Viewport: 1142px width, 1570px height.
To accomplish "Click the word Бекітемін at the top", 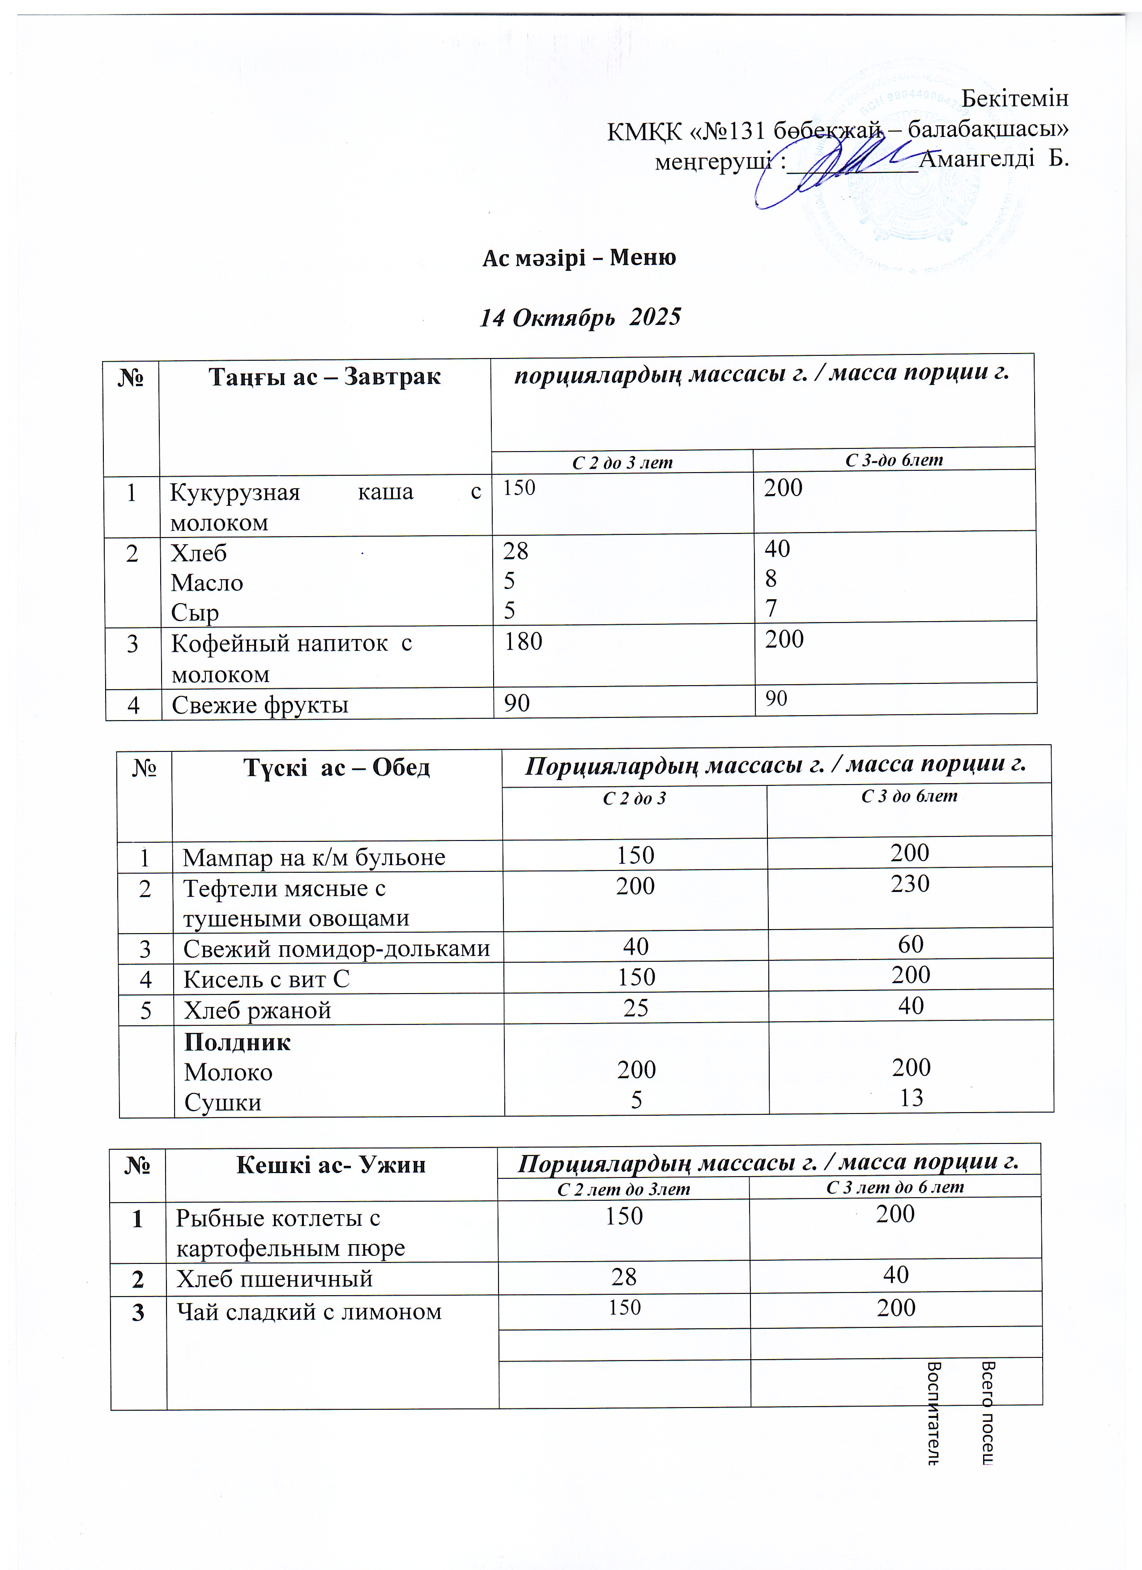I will pyautogui.click(x=1014, y=98).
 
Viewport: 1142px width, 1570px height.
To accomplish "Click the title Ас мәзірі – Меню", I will pyautogui.click(x=579, y=257).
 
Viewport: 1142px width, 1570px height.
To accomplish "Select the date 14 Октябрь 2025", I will pyautogui.click(x=580, y=317).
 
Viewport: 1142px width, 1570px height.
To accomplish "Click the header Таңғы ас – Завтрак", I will pyautogui.click(x=324, y=376).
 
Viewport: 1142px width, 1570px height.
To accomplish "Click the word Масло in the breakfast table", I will pyautogui.click(x=207, y=582).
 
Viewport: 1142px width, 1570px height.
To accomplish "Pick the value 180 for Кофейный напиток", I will pyautogui.click(x=523, y=642).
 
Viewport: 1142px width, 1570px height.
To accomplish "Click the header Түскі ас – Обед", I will pyautogui.click(x=337, y=767).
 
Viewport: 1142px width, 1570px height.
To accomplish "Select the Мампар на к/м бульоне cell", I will pyautogui.click(x=314, y=857).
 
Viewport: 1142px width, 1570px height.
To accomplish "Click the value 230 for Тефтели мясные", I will pyautogui.click(x=909, y=883).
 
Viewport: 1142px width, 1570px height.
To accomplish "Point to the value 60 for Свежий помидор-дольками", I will pyautogui.click(x=910, y=944).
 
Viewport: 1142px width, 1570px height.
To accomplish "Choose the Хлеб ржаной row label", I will pyautogui.click(x=257, y=1010).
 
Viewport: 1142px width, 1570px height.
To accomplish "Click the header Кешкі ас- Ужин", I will pyautogui.click(x=330, y=1165).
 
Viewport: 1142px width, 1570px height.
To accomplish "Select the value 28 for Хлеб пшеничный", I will pyautogui.click(x=624, y=1276).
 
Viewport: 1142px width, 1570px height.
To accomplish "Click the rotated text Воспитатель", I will pyautogui.click(x=932, y=1412).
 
